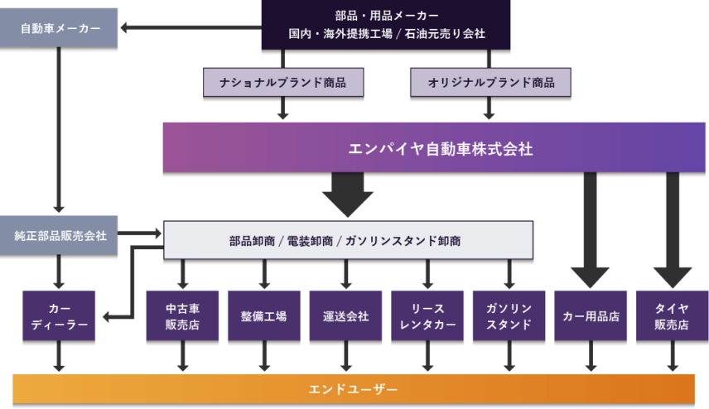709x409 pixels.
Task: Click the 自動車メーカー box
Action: point(60,28)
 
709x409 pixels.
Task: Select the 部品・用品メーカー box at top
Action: point(386,25)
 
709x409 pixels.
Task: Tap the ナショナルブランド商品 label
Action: point(283,83)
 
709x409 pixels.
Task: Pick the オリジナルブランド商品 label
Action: point(490,83)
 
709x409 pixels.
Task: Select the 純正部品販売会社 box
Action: point(60,236)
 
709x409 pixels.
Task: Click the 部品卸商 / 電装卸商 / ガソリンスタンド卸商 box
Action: point(348,241)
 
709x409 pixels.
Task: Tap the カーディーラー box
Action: point(60,316)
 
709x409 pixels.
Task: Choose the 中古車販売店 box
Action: point(182,316)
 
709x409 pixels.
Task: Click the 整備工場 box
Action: point(263,316)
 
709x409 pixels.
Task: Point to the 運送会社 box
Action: point(345,316)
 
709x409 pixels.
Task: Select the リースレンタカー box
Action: point(427,316)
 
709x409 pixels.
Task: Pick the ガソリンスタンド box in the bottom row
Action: point(509,316)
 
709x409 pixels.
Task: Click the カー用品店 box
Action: point(591,316)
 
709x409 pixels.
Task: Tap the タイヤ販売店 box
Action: point(672,316)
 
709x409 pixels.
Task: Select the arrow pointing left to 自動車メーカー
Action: point(191,28)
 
